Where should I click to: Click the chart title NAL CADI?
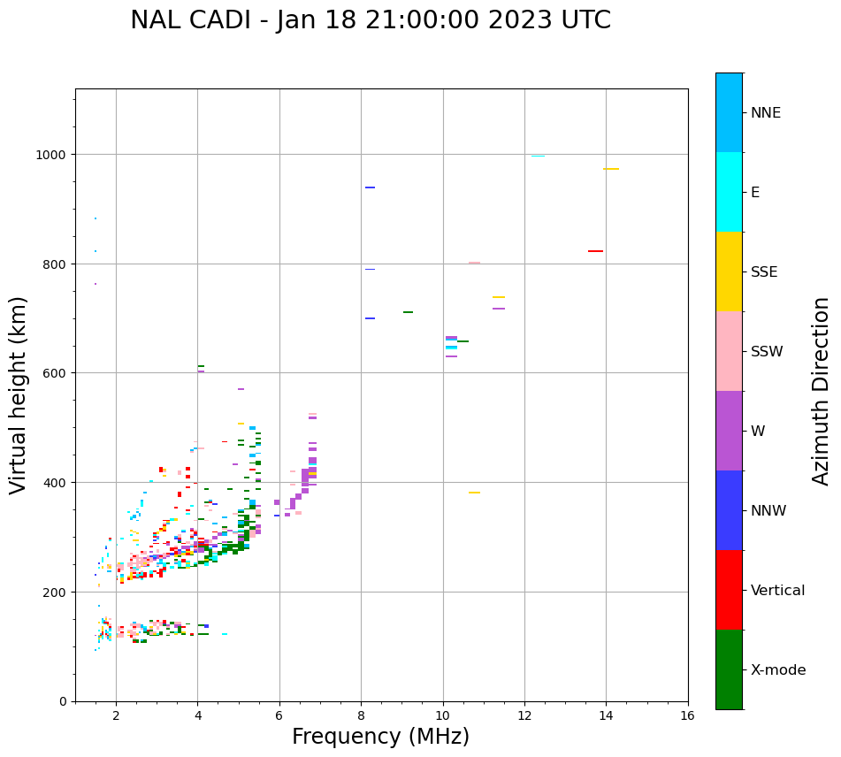pyautogui.click(x=370, y=20)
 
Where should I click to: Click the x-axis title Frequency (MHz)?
pyautogui.click(x=380, y=737)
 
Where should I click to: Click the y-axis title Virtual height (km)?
pyautogui.click(x=19, y=395)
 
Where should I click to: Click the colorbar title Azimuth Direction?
pyautogui.click(x=822, y=391)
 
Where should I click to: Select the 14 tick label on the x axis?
pyautogui.click(x=606, y=716)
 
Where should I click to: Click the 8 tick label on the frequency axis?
pyautogui.click(x=361, y=716)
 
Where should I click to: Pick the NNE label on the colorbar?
pyautogui.click(x=766, y=113)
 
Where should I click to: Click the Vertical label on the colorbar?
pyautogui.click(x=778, y=591)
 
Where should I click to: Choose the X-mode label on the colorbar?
pyautogui.click(x=778, y=670)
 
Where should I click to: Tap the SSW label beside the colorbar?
pyautogui.click(x=767, y=352)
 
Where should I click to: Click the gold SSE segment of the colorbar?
pyautogui.click(x=729, y=271)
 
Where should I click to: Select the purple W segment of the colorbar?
pyautogui.click(x=729, y=431)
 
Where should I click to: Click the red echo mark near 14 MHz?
pyautogui.click(x=595, y=251)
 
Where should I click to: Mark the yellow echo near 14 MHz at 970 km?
pyautogui.click(x=610, y=169)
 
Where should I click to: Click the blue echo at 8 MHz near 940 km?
pyautogui.click(x=370, y=187)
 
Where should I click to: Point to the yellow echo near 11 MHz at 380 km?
pyautogui.click(x=474, y=493)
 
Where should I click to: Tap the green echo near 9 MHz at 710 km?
pyautogui.click(x=408, y=312)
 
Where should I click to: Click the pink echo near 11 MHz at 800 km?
pyautogui.click(x=474, y=263)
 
